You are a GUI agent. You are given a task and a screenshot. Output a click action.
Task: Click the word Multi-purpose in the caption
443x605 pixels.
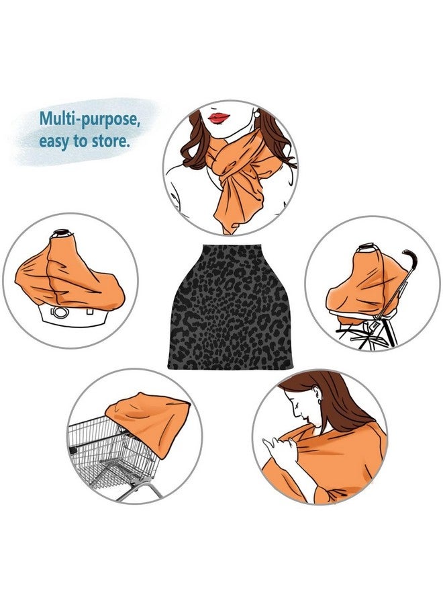tap(88, 119)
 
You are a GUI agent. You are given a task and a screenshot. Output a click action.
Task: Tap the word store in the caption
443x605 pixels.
tap(109, 141)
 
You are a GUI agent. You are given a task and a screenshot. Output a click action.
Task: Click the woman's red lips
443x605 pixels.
tap(219, 118)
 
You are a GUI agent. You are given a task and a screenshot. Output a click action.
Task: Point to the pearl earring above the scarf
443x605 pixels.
tap(256, 114)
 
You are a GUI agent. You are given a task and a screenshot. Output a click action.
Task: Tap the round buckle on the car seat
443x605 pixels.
tap(60, 312)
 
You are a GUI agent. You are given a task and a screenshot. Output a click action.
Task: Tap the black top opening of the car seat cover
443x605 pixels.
tap(62, 233)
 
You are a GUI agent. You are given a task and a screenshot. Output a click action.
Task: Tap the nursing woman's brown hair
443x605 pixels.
tap(339, 401)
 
